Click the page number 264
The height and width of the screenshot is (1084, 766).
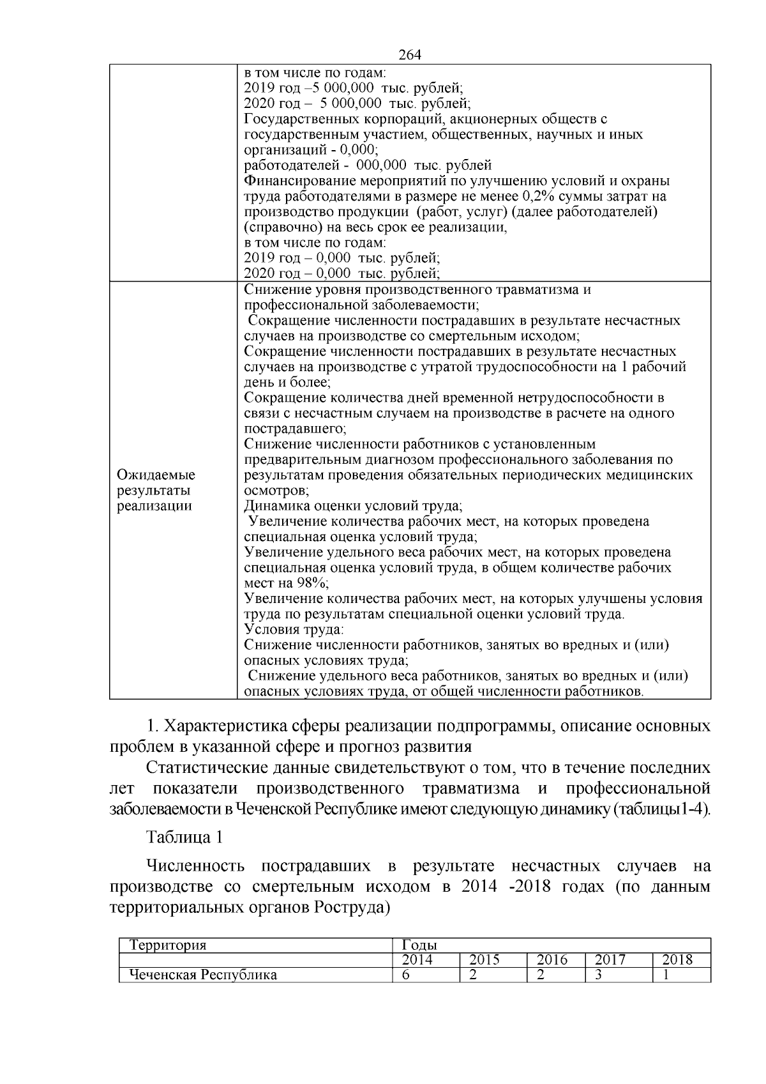point(409,56)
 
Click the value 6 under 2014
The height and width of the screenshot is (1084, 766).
point(406,975)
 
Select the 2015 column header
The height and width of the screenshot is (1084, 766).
point(484,960)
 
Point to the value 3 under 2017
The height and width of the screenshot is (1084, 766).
point(599,975)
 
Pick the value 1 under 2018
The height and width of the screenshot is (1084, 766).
point(666,975)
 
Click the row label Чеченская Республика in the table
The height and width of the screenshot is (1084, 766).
point(203,975)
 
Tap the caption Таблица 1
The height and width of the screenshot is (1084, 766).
point(184,837)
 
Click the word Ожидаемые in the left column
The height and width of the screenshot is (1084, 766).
point(156,475)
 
